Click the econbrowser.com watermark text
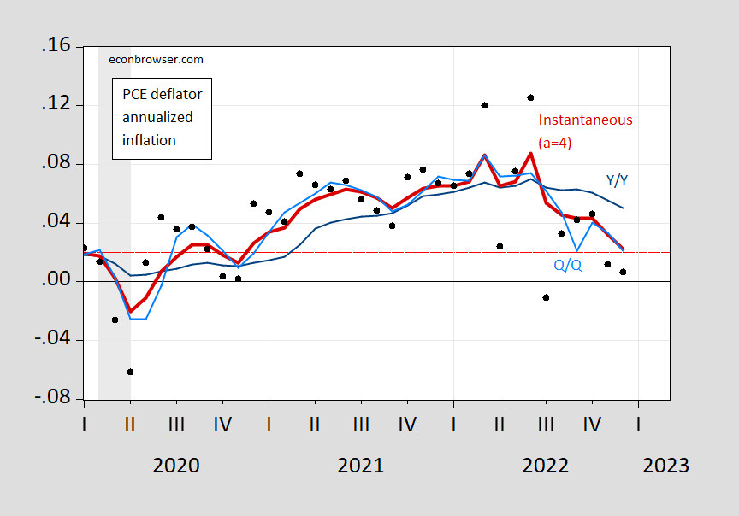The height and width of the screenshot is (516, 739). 157,60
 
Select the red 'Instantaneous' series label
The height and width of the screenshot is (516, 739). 585,120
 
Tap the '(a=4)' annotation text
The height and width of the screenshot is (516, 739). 554,143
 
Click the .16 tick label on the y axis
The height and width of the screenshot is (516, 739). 53,47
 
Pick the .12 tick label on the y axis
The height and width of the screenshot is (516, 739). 53,106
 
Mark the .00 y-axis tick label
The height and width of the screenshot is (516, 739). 53,282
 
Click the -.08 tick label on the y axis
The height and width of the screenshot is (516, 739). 50,399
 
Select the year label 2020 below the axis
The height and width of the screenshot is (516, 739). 176,466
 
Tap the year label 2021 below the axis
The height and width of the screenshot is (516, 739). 361,466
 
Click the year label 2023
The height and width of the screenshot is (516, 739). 665,466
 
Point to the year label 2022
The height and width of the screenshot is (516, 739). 546,466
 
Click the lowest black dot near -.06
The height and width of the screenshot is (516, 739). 130,372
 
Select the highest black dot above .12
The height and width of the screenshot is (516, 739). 530,97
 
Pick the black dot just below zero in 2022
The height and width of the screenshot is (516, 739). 546,297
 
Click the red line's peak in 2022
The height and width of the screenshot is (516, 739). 530,154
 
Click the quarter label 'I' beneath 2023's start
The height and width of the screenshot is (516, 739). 638,423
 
